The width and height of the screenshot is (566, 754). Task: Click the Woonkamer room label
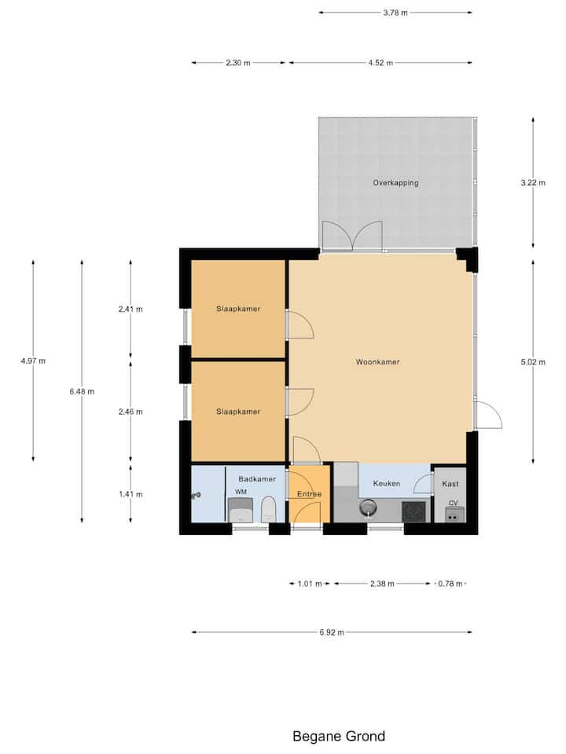click(378, 362)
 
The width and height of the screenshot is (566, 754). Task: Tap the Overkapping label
click(395, 183)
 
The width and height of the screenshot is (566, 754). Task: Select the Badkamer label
click(257, 479)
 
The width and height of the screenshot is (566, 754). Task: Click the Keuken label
click(387, 483)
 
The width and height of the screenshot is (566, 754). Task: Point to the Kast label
click(450, 484)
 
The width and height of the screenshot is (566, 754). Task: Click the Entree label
click(309, 494)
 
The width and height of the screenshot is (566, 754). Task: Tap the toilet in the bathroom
click(269, 510)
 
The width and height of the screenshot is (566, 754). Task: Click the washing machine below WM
click(241, 511)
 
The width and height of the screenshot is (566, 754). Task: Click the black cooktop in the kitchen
click(414, 511)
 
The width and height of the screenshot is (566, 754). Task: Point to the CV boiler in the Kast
click(453, 514)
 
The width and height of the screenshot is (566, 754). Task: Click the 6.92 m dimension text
click(332, 632)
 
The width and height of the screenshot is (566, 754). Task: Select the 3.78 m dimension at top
click(395, 13)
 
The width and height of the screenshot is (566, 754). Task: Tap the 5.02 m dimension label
click(533, 362)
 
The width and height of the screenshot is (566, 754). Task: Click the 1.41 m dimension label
click(130, 494)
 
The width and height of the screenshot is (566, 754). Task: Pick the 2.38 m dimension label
click(382, 584)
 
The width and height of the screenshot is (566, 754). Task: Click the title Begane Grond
click(339, 736)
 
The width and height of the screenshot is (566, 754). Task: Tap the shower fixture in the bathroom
click(196, 496)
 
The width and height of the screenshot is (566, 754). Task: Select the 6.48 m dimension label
click(82, 392)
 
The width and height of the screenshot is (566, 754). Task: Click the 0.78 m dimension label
click(450, 584)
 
